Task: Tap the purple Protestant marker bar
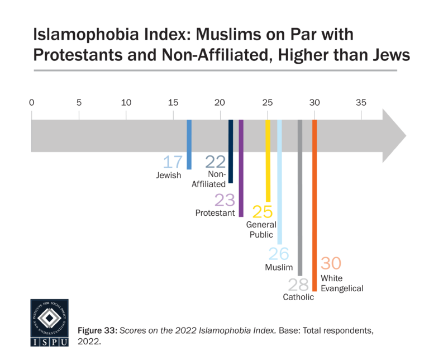pos(241,168)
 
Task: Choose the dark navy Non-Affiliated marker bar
pos(230,151)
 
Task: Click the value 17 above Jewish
pos(173,162)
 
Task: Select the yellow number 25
pos(263,212)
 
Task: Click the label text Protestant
pos(215,213)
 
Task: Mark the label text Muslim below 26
pos(279,268)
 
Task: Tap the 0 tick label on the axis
pos(32,102)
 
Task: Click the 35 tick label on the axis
pos(361,102)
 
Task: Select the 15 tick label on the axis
pos(173,102)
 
